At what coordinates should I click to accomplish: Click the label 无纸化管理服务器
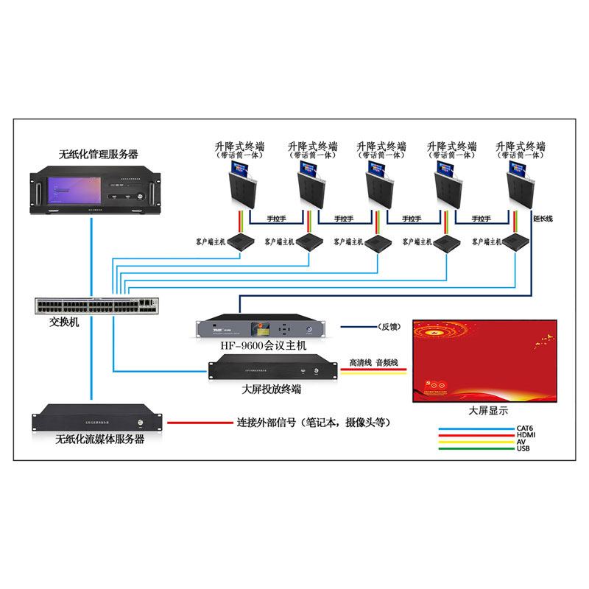pos(98,155)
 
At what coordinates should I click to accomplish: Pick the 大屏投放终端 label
pos(271,389)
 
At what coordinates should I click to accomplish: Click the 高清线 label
pos(360,363)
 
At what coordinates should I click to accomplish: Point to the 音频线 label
pos(387,363)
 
